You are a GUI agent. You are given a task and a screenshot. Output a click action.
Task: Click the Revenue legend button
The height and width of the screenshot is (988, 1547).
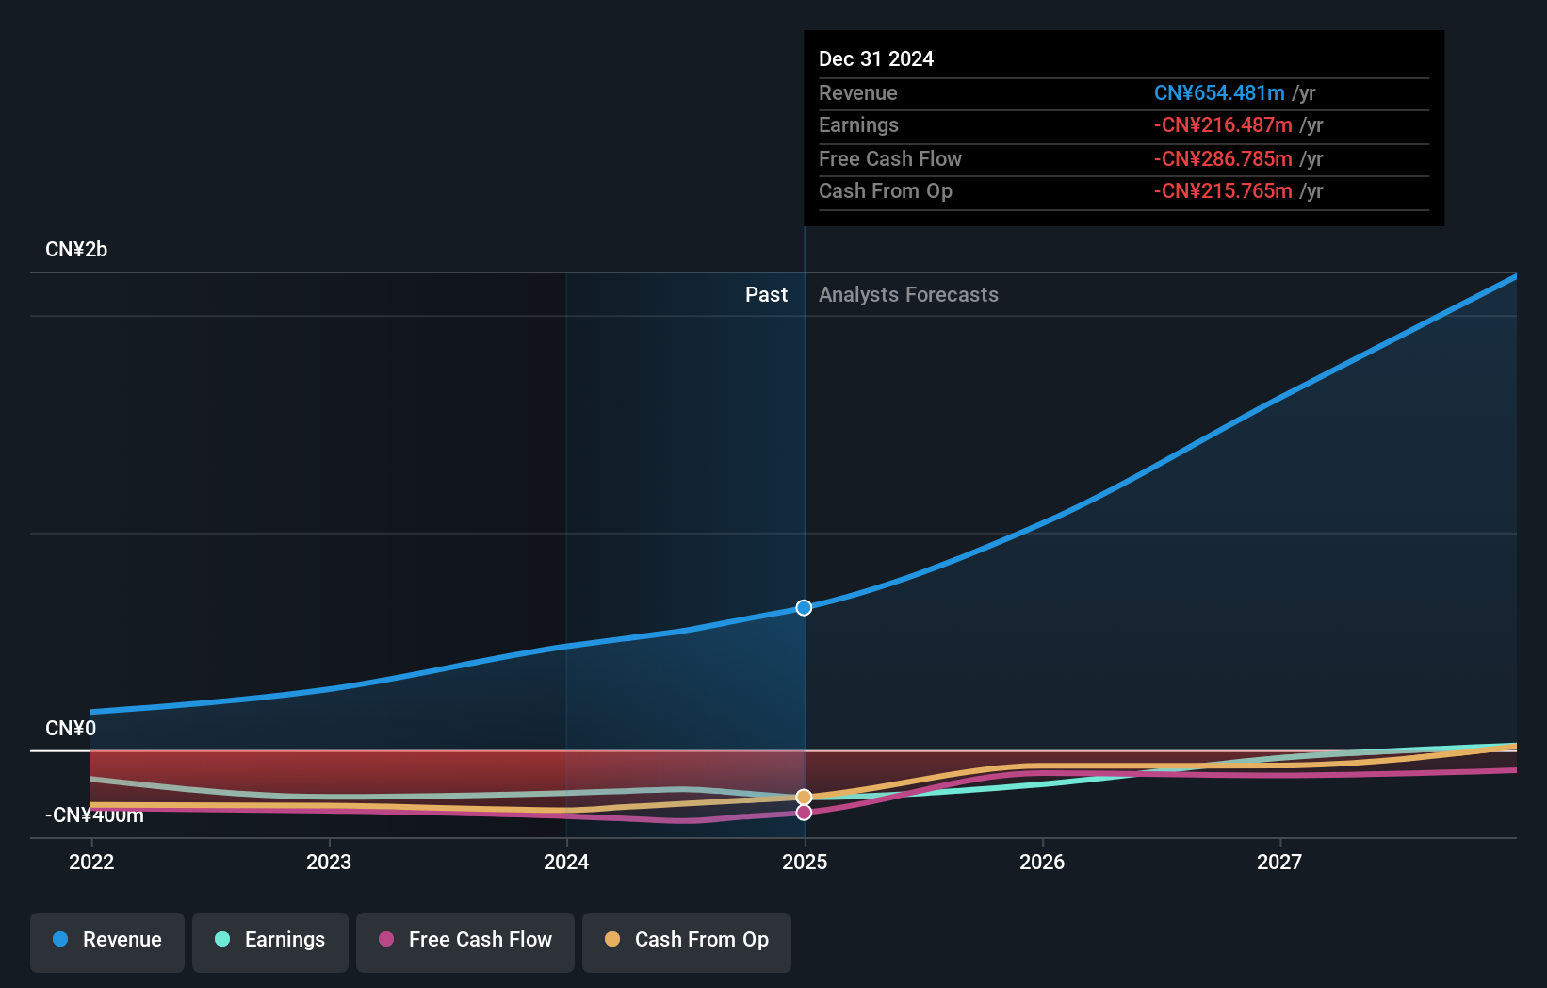point(107,940)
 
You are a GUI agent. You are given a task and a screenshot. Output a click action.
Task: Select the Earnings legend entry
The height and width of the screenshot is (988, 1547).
point(270,940)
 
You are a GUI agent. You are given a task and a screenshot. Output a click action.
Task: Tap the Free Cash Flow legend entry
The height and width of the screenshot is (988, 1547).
point(465,940)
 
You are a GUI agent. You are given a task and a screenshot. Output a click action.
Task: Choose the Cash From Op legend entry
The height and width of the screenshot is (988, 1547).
point(687,940)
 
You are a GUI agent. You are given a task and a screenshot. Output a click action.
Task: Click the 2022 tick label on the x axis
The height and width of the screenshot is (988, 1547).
point(91,862)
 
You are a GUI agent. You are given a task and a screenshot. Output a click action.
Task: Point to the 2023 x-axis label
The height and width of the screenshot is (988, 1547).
point(329,862)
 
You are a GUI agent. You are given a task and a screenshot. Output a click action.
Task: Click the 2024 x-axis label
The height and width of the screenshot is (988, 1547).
point(566,862)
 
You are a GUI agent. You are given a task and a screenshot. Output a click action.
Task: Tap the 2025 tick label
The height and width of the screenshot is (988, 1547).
point(805,862)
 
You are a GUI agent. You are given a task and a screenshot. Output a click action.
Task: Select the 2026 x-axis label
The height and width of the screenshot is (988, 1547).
point(1042,862)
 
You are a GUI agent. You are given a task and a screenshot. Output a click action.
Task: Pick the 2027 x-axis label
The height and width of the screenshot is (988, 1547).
point(1279,862)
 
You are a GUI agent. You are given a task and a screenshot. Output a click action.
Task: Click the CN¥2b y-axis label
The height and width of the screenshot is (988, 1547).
point(76,250)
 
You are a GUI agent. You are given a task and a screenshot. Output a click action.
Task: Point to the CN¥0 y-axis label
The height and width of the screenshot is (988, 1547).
point(71,729)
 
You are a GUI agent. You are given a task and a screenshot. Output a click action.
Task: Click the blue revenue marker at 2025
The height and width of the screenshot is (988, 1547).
point(804,608)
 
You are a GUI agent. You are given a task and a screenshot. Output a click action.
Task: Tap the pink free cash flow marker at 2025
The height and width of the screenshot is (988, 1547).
point(804,813)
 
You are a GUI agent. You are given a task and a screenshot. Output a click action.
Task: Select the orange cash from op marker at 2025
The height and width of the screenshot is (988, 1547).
point(804,798)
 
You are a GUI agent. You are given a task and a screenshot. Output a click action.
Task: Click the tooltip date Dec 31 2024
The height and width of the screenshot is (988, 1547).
point(876,59)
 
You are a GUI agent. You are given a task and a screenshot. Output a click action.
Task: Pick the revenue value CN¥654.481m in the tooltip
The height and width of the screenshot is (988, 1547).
point(1219,93)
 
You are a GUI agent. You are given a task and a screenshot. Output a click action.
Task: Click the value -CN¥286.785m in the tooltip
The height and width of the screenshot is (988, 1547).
point(1223,159)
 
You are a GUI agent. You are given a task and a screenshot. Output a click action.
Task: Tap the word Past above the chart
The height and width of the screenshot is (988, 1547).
point(766,295)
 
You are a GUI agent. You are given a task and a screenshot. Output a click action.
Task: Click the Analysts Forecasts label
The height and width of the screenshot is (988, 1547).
point(908,295)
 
